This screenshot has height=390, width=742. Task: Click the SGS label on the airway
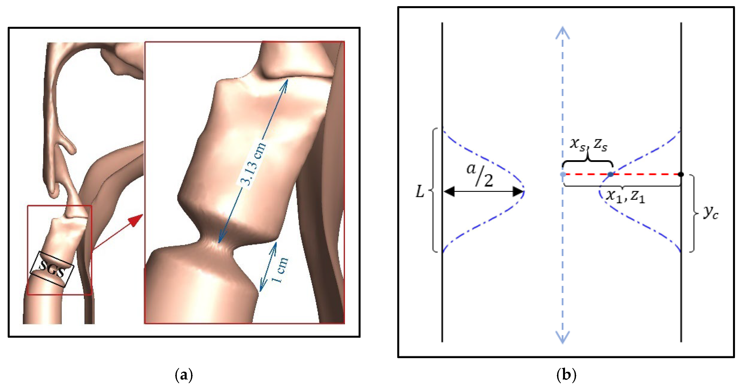tap(52, 269)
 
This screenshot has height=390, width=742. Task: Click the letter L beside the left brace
tap(420, 191)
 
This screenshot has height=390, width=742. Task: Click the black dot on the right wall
tap(681, 174)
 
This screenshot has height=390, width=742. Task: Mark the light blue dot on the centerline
tap(563, 174)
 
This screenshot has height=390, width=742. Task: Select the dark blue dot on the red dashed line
tap(610, 174)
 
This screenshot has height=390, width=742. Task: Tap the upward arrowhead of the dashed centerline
tap(563, 33)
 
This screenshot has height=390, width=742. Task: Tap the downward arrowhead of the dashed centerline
tap(563, 337)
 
